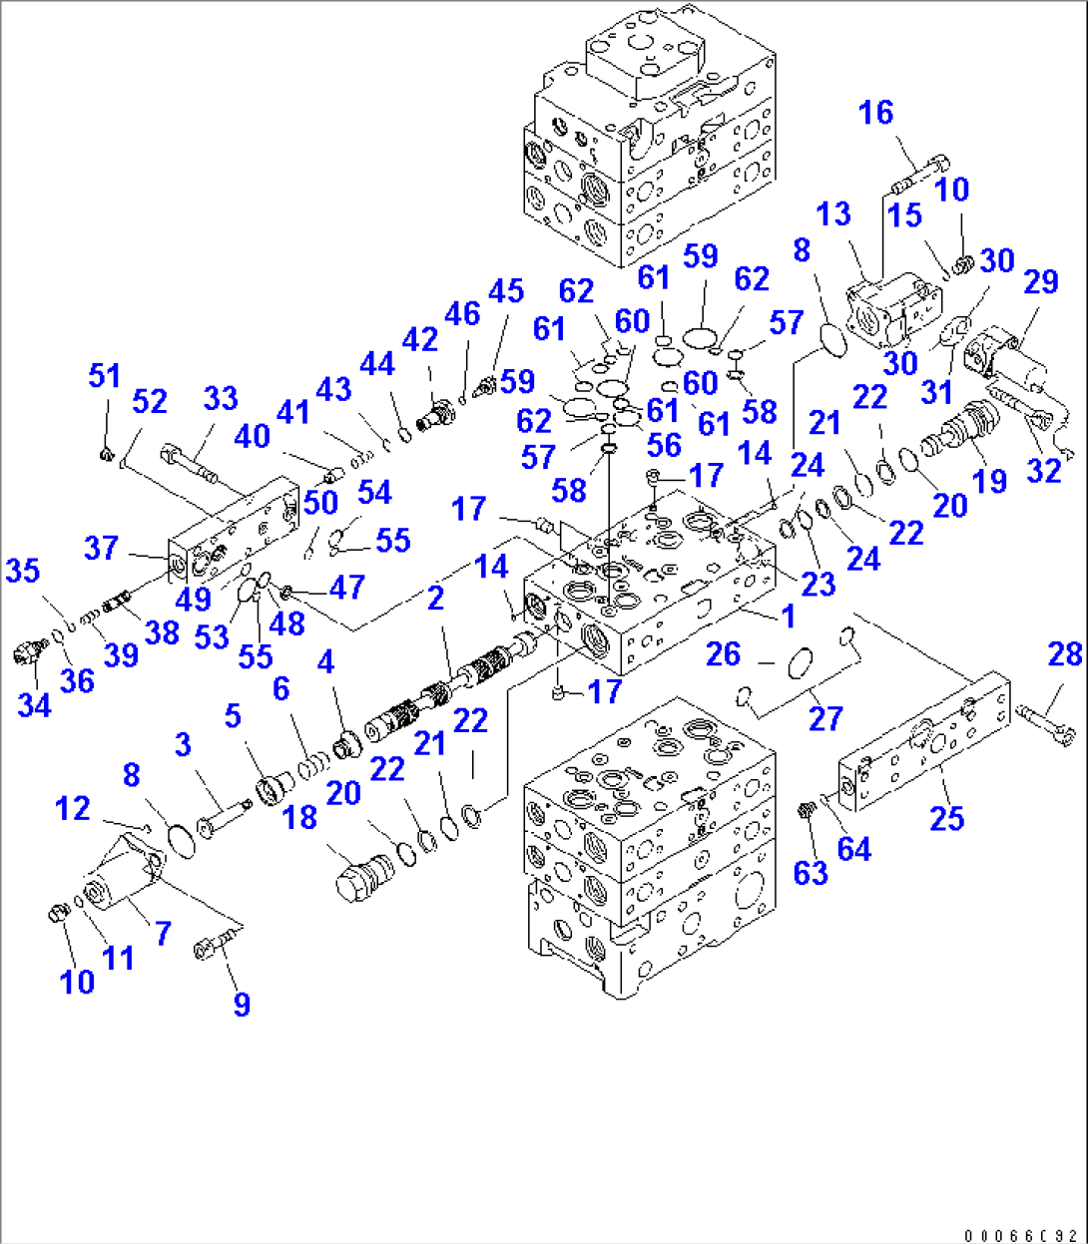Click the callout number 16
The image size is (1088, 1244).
pyautogui.click(x=875, y=113)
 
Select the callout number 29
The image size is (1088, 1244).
pyautogui.click(x=1039, y=282)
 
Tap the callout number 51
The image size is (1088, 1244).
pyautogui.click(x=104, y=376)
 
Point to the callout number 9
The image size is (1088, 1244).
pyautogui.click(x=242, y=1004)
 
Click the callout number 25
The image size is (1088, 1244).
pyautogui.click(x=946, y=818)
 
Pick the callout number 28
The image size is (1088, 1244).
pyautogui.click(x=1065, y=654)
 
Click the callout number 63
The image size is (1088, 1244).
pyautogui.click(x=810, y=873)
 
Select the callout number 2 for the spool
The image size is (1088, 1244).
pyautogui.click(x=435, y=598)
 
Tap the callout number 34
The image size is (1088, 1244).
pyautogui.click(x=34, y=705)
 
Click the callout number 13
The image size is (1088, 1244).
pyautogui.click(x=832, y=213)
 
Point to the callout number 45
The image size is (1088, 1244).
pyautogui.click(x=506, y=290)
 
